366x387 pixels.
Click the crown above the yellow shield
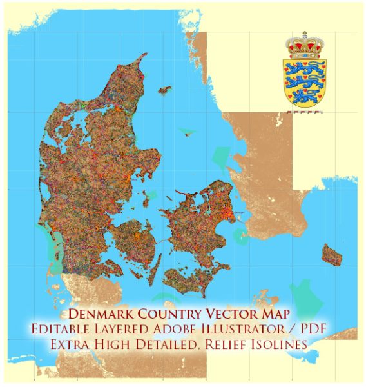tap(305, 47)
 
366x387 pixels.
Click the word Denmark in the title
tap(102, 315)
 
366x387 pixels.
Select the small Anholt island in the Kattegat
tap(188, 133)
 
